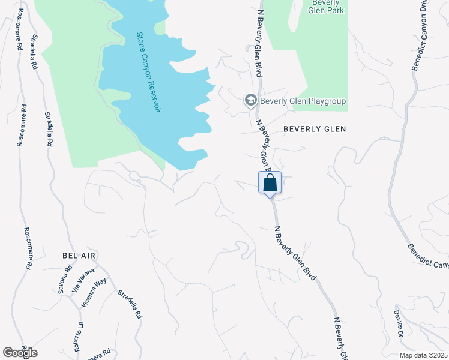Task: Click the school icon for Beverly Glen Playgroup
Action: tap(250, 101)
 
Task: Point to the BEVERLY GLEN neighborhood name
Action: tap(315, 129)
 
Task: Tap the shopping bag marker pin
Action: tap(270, 183)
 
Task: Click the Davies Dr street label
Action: tap(397, 324)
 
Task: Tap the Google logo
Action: tap(20, 353)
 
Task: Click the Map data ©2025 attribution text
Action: tap(423, 355)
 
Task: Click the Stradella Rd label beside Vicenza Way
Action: tap(129, 304)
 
